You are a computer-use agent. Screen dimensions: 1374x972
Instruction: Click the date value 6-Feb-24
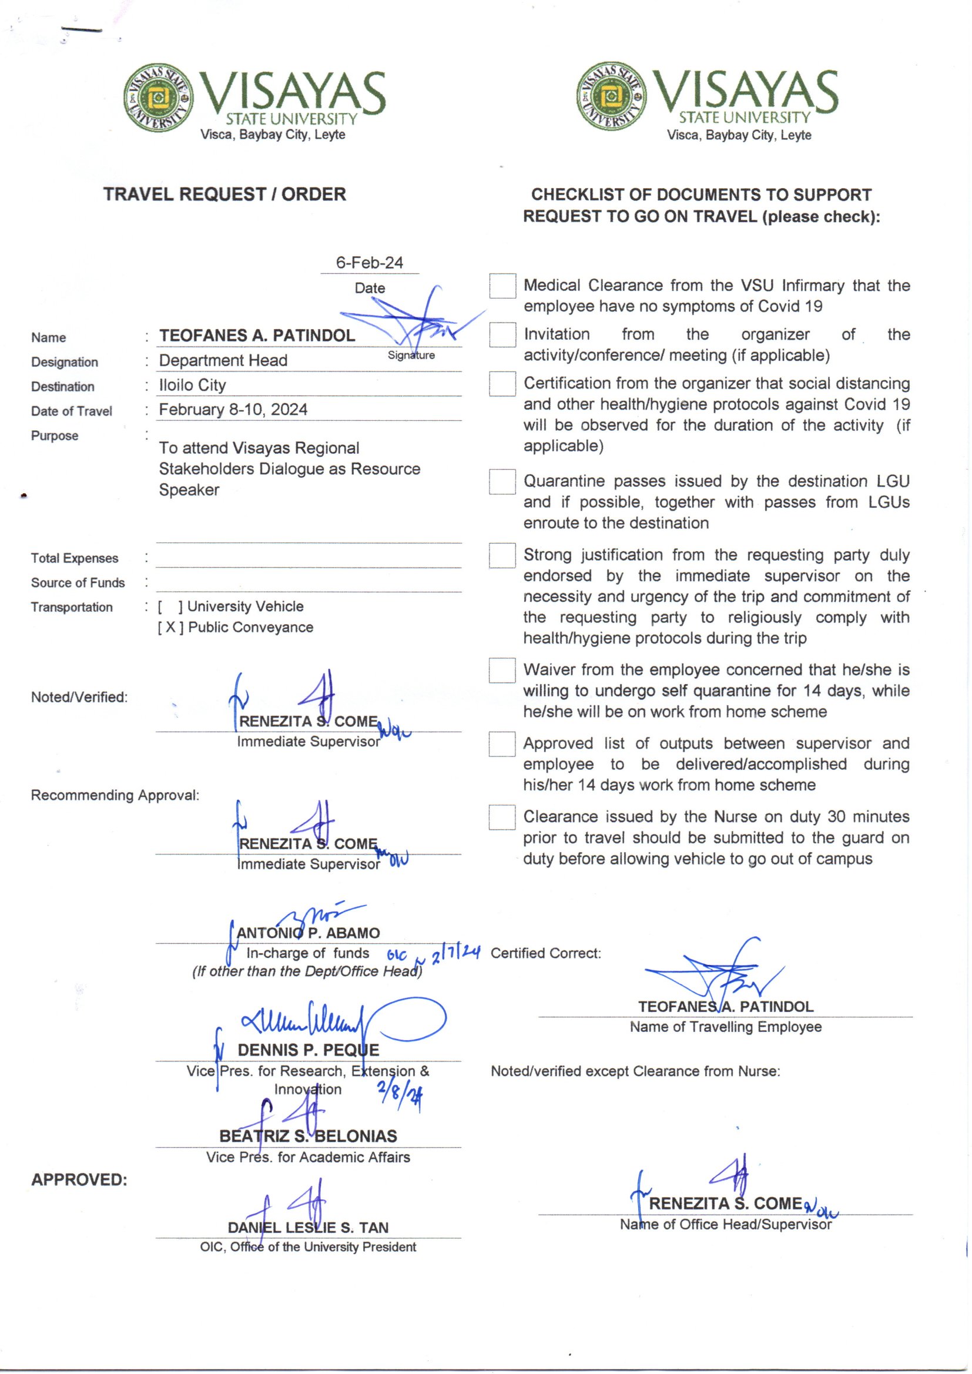369,263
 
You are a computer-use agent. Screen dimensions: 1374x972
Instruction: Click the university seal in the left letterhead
158,98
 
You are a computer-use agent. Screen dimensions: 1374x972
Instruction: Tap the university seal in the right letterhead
611,96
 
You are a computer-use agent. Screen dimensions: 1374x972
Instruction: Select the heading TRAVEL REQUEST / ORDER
224,195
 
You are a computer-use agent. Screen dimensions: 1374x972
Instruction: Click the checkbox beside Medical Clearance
502,286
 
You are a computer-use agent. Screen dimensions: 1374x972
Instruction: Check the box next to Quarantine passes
502,482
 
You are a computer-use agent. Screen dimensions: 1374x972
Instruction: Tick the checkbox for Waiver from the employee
501,670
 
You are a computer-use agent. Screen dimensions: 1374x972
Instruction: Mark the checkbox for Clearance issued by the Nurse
501,817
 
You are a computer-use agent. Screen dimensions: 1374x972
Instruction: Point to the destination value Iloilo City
193,386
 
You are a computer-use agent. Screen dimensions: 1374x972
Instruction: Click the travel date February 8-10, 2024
233,410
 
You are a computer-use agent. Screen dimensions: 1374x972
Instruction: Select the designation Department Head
223,361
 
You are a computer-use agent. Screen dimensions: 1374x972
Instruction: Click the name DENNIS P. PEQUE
309,1050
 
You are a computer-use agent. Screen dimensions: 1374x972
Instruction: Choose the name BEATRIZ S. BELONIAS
309,1137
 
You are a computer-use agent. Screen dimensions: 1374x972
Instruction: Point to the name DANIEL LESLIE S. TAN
309,1228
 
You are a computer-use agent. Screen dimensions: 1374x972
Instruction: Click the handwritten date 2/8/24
400,1097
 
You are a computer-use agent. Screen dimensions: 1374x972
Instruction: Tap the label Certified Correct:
546,953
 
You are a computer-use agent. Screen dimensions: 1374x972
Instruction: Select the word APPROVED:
79,1180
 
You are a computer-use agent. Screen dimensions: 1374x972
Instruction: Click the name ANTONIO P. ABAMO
309,933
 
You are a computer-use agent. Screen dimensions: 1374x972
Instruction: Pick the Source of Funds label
78,583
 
